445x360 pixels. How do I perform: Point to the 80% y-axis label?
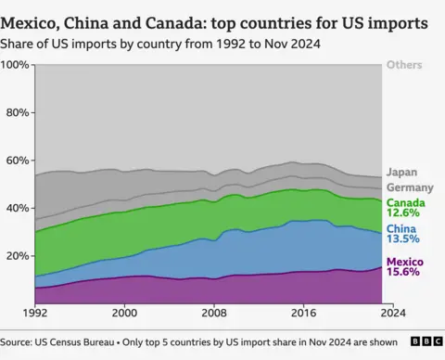18,113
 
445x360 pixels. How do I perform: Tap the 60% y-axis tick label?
18,161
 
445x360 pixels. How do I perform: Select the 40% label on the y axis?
18,209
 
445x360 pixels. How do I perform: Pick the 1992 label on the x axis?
35,314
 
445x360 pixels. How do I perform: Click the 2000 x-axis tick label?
124,314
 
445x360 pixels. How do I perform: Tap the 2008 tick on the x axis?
213,314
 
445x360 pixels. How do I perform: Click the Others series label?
404,65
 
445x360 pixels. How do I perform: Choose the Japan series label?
400,172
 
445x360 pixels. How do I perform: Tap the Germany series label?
409,187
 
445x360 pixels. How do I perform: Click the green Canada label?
405,203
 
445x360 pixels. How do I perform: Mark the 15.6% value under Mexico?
403,272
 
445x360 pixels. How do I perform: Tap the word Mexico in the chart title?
38,20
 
